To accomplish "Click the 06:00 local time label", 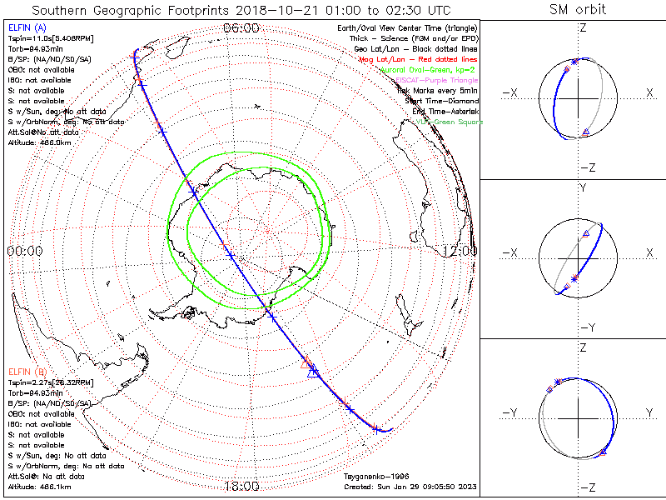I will pyautogui.click(x=241, y=28).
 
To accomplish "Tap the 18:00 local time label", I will pyautogui.click(x=241, y=486).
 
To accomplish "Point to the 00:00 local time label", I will pyautogui.click(x=24, y=250).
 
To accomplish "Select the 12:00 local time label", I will pyautogui.click(x=460, y=250).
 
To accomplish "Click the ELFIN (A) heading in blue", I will pyautogui.click(x=27, y=28).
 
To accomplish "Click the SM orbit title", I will pyautogui.click(x=578, y=9).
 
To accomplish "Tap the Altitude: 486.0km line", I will pyautogui.click(x=39, y=142).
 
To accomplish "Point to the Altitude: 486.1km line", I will pyautogui.click(x=39, y=486).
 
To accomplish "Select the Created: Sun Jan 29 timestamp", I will pyautogui.click(x=409, y=486).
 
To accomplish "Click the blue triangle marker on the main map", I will pyautogui.click(x=314, y=372).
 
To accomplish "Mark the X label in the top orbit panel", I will pyautogui.click(x=649, y=92).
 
